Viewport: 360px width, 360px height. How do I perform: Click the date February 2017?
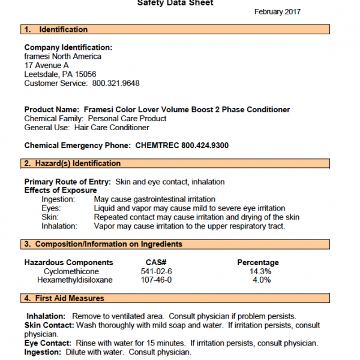click(277, 11)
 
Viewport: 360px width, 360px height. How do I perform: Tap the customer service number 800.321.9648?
click(116, 83)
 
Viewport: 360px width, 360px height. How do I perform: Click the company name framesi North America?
click(62, 56)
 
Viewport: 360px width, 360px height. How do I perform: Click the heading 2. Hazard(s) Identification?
click(72, 163)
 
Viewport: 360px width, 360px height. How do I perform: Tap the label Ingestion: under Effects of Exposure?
click(58, 199)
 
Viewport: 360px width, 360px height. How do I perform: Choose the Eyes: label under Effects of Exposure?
click(51, 208)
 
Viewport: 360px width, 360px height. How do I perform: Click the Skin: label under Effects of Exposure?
click(50, 217)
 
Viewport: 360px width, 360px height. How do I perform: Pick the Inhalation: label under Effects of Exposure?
click(59, 226)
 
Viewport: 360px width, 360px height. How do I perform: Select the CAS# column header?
click(155, 262)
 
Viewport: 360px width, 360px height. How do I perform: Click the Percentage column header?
click(258, 262)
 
